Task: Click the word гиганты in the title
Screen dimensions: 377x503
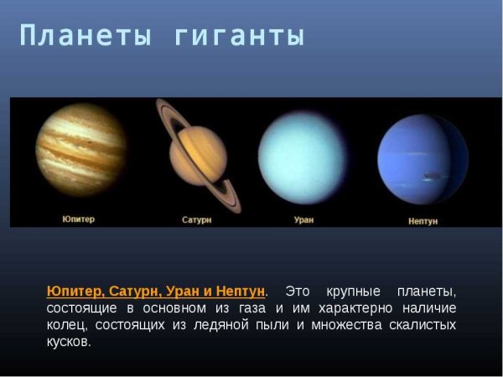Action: coord(239,36)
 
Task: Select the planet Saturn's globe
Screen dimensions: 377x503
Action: coord(198,155)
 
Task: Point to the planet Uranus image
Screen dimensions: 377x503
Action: coord(302,157)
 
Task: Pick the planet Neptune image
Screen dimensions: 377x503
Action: coord(422,158)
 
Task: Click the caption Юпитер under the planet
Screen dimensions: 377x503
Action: coord(78,219)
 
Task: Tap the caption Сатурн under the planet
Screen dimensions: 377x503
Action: coord(197,219)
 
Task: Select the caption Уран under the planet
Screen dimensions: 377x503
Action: coord(303,219)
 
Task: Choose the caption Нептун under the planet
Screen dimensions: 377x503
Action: coord(423,220)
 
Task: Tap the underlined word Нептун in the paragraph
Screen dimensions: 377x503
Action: coord(240,291)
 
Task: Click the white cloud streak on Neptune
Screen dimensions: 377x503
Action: coord(433,176)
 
